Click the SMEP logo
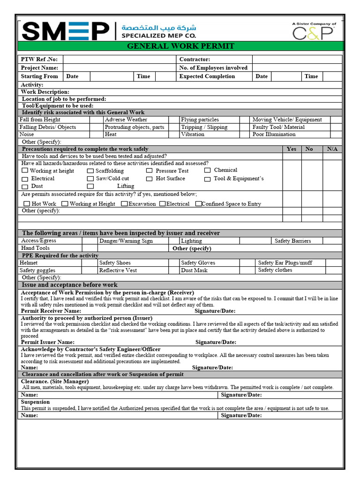tap(66, 31)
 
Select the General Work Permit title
tap(180, 46)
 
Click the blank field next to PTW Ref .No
tap(119, 60)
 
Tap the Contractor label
tap(195, 60)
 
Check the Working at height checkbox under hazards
tap(25, 171)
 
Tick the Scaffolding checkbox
tap(90, 171)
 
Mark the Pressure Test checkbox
tap(149, 171)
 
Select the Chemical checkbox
tap(207, 171)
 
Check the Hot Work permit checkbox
tap(26, 204)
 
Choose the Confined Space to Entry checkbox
tap(198, 204)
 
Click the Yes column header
tap(291, 149)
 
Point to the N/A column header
tap(332, 149)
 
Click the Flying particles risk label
tap(200, 120)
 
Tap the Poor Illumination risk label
tap(274, 135)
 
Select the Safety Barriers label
tap(292, 241)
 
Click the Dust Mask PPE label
tap(194, 270)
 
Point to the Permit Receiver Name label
tap(51, 311)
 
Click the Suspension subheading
tap(35, 402)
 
